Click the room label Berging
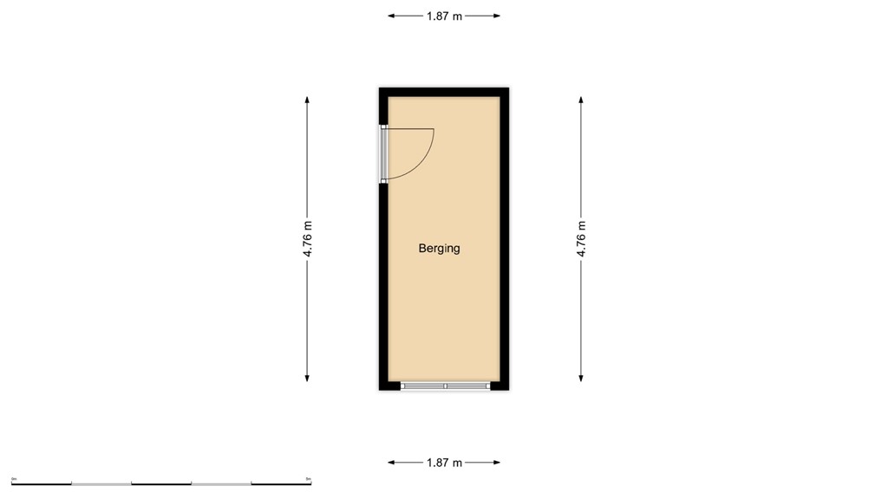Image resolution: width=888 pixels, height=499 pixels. pos(439,249)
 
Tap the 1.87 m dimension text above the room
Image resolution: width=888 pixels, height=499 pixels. pos(444,16)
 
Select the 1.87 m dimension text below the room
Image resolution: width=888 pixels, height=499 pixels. pos(444,463)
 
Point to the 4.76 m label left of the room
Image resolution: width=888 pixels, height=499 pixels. pos(307,238)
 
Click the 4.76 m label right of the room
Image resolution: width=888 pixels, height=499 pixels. pos(581,238)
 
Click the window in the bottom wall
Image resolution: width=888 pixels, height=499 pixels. pos(445,386)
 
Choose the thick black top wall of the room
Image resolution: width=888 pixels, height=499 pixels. pos(443,91)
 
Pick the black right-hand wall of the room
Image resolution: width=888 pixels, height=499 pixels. pos(505,238)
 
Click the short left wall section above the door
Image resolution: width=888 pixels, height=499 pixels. pos(382,108)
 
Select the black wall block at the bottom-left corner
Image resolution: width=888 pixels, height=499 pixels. pos(389,386)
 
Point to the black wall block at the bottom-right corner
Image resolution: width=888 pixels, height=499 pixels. pos(499,386)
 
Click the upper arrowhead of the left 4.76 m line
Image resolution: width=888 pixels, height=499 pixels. pos(307,99)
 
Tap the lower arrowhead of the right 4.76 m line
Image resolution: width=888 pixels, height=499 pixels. pos(581,378)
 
